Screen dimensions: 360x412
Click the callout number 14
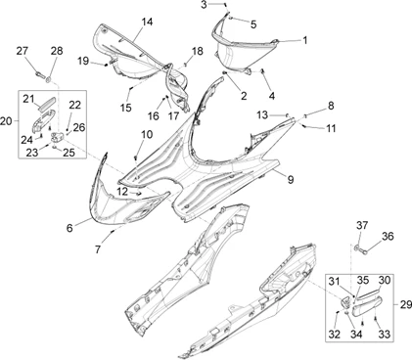coord(147,22)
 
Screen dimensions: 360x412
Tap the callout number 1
coord(304,40)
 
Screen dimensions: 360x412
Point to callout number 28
coord(56,50)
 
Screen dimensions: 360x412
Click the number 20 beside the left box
coord(8,120)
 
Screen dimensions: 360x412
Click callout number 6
coord(69,228)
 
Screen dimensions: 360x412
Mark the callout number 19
coord(83,62)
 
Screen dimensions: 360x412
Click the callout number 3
coord(205,6)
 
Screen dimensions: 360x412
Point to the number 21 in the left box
coord(29,98)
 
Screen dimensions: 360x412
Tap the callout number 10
coord(147,134)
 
